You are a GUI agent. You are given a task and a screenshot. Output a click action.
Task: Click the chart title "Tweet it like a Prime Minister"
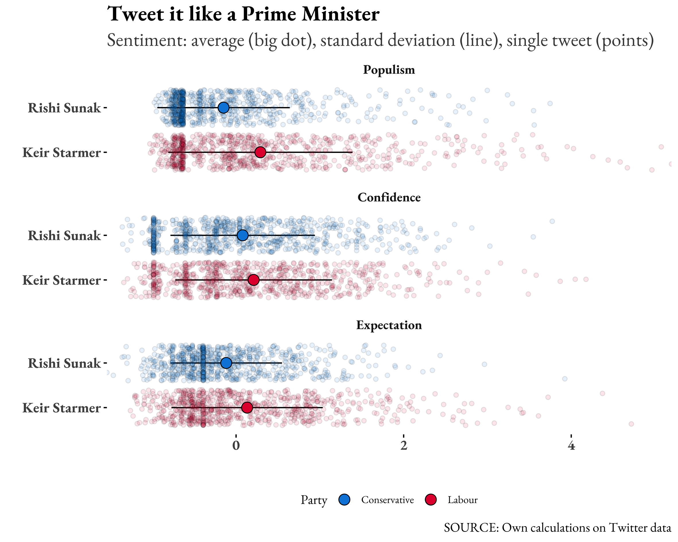coord(243,14)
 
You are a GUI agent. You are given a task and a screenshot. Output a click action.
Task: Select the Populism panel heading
coord(389,70)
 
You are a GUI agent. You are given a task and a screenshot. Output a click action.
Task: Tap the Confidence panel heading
coord(389,197)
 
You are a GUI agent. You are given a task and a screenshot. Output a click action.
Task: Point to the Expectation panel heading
coord(389,325)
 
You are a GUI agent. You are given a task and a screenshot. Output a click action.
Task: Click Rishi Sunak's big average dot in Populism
coord(223,108)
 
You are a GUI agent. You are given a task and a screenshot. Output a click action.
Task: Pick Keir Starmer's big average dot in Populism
coord(260,152)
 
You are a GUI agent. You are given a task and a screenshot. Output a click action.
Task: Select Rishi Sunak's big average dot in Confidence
coord(243,235)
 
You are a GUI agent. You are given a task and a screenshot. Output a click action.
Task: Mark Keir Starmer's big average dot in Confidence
coord(253,280)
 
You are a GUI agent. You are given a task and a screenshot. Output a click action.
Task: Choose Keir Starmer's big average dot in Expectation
coord(247,408)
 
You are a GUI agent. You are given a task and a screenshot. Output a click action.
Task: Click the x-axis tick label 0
coord(236,446)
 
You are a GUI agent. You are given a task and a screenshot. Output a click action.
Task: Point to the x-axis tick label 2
coord(404,446)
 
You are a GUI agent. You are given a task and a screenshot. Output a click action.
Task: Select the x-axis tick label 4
coord(571,446)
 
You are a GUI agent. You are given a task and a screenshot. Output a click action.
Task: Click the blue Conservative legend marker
coord(344,500)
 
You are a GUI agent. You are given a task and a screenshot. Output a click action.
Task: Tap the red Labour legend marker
coord(431,500)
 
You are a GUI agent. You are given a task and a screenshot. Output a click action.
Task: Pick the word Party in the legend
coord(313,500)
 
